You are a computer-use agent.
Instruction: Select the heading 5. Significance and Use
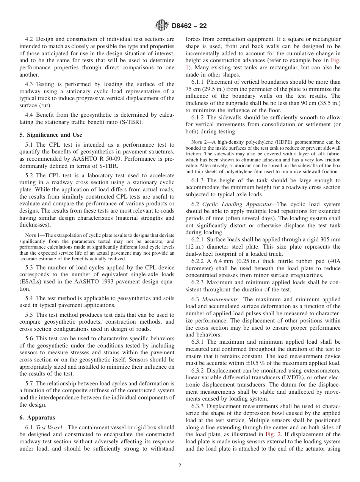pyautogui.click(x=51, y=135)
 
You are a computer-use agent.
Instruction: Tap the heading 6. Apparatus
pyautogui.click(x=37, y=418)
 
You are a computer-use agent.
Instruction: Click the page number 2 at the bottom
pyautogui.click(x=180, y=466)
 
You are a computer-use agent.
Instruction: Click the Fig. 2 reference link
pyautogui.click(x=273, y=435)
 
